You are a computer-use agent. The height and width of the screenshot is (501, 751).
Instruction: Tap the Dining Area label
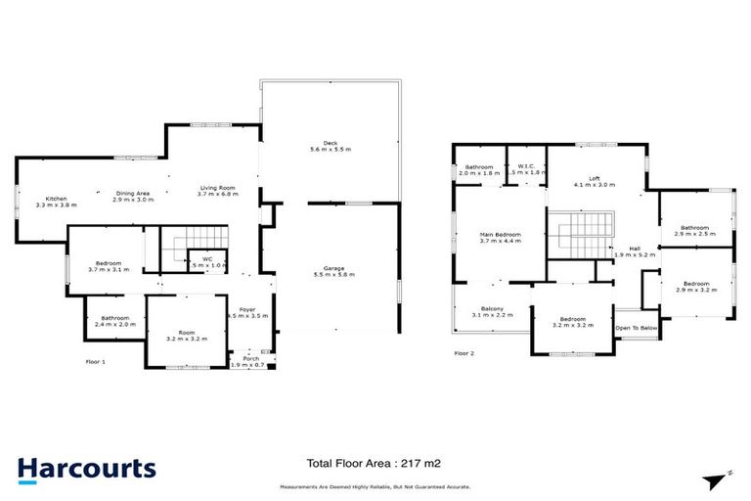pyautogui.click(x=132, y=193)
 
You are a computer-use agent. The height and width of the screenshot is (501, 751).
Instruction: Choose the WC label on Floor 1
pyautogui.click(x=207, y=259)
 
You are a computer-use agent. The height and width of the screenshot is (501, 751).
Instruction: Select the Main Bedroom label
pyautogui.click(x=500, y=235)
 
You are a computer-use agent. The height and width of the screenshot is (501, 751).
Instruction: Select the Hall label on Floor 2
pyautogui.click(x=635, y=248)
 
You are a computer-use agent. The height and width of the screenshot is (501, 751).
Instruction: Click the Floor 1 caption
pyautogui.click(x=97, y=361)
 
